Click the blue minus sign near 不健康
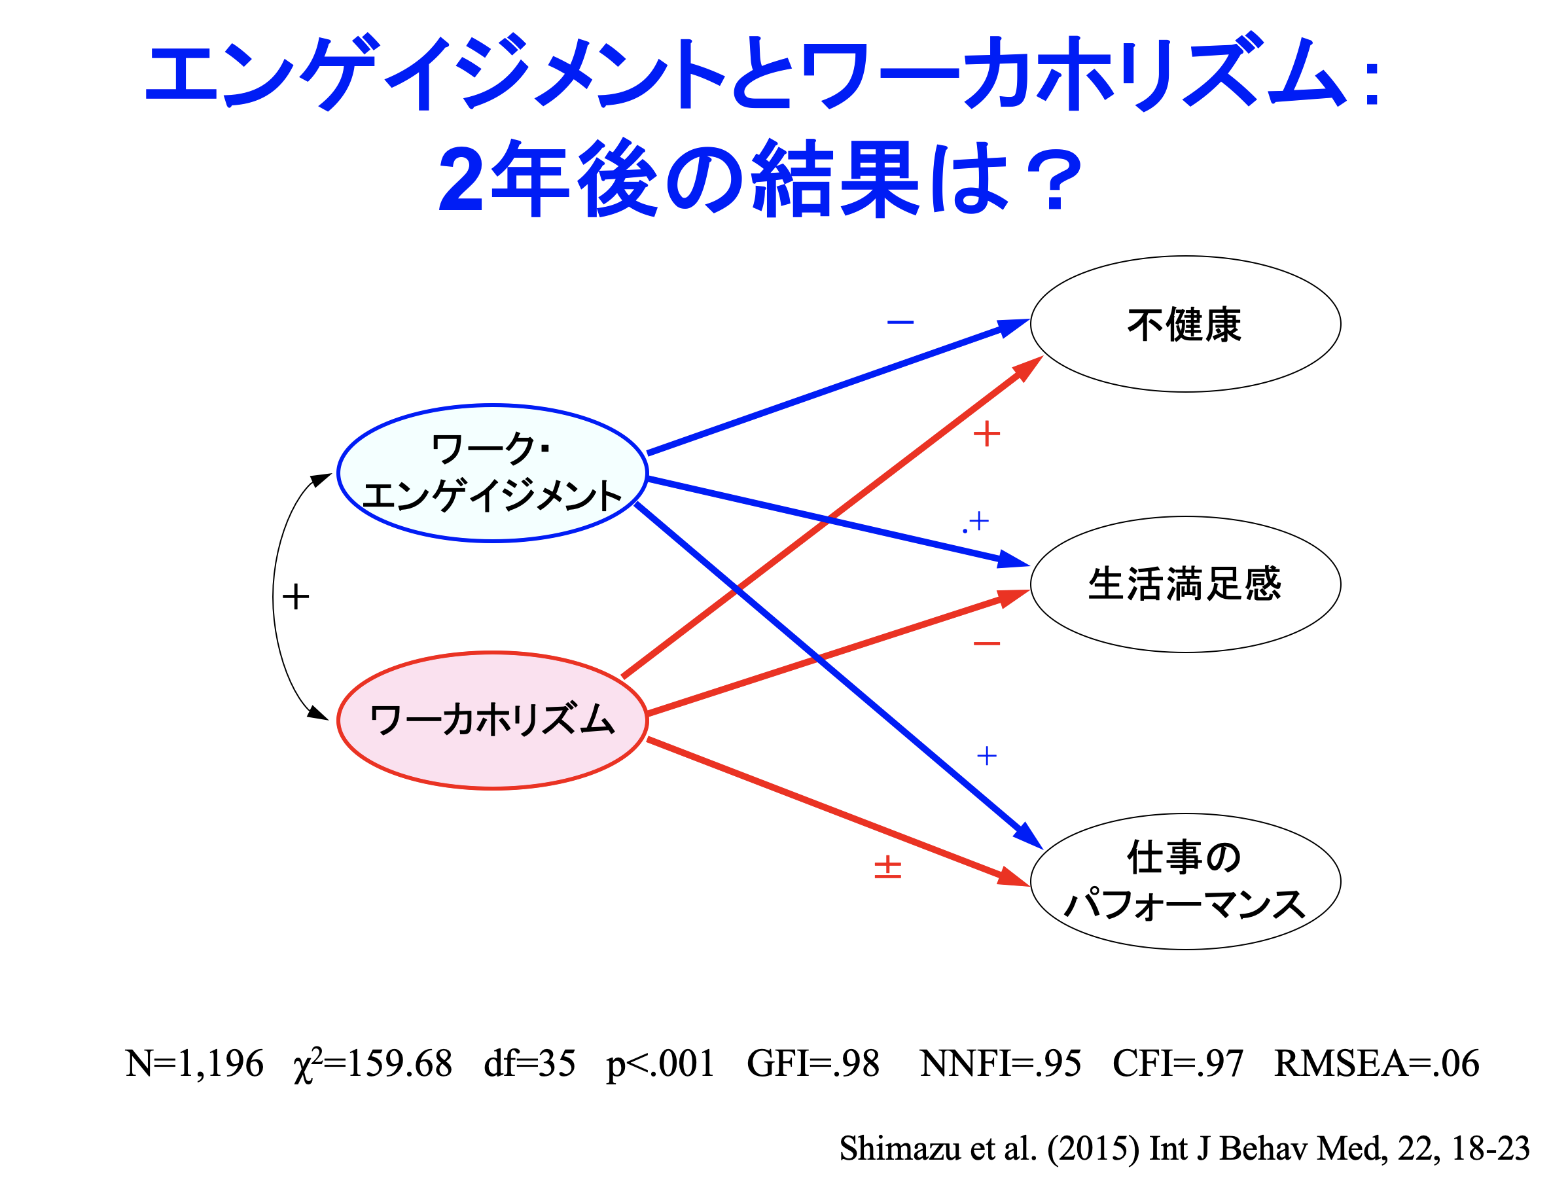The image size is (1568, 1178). [900, 323]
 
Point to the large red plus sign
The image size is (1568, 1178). [987, 434]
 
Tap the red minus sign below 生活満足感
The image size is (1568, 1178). [987, 643]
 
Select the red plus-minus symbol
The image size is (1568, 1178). [887, 867]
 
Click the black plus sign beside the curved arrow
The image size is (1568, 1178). [296, 597]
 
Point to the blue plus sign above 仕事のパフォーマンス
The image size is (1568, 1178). [987, 756]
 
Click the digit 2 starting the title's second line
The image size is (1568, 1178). [461, 180]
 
